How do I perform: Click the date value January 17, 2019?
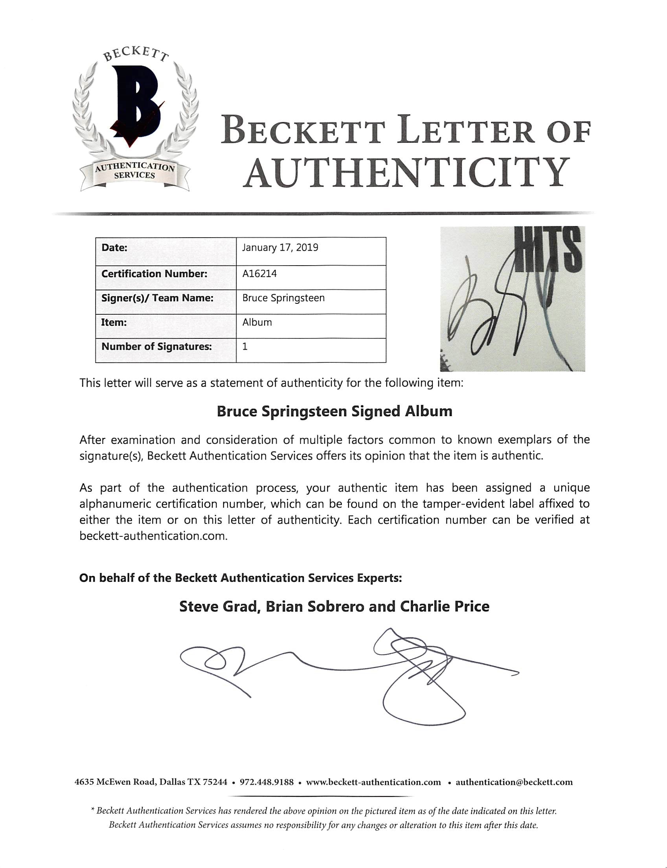(280, 247)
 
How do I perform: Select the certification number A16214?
(259, 273)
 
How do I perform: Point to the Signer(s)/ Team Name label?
(157, 298)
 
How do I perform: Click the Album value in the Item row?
(257, 322)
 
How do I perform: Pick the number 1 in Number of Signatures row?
(245, 347)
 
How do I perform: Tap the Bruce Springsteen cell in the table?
(283, 298)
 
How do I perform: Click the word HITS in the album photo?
(548, 249)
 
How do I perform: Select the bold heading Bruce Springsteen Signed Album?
(334, 411)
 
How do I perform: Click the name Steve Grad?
(218, 606)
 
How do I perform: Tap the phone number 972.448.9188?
(266, 782)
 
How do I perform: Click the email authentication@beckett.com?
(514, 782)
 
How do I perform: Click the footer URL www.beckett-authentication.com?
(373, 782)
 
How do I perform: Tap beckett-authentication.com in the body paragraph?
(153, 536)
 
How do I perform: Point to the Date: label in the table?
(114, 247)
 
